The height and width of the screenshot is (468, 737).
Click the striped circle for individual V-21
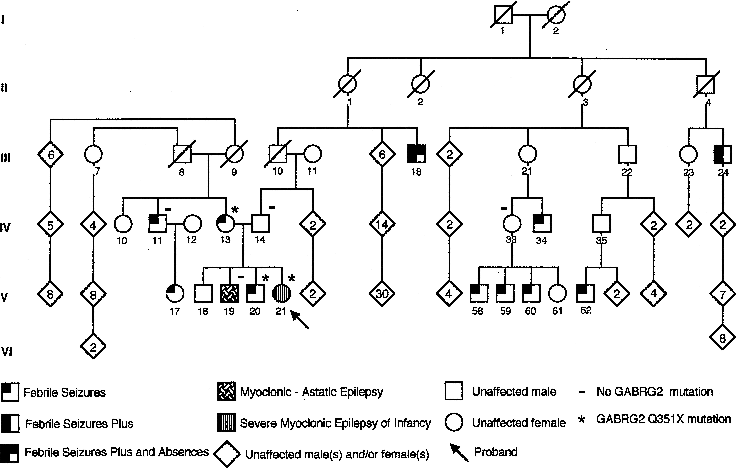pyautogui.click(x=282, y=293)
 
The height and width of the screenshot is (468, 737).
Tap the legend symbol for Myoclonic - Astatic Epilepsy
pyautogui.click(x=227, y=391)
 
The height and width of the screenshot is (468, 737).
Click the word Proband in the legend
pyautogui.click(x=495, y=452)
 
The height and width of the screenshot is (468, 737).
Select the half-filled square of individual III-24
pyautogui.click(x=723, y=154)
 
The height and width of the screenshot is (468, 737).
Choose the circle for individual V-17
pyautogui.click(x=175, y=293)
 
